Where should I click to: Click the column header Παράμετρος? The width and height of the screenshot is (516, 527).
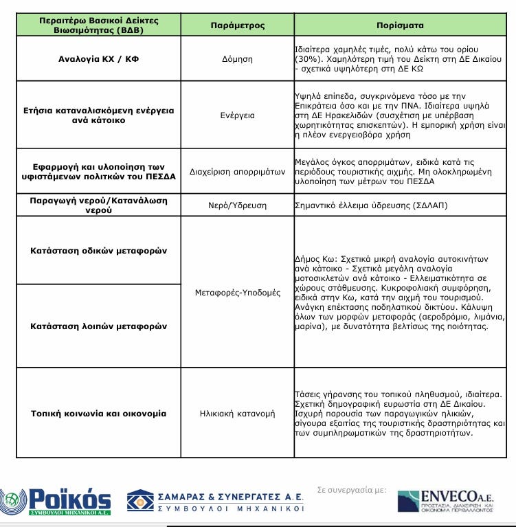tap(237, 25)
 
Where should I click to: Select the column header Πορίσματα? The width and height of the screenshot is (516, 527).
tap(400, 25)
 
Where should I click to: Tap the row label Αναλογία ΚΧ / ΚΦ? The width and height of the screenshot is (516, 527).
tap(98, 59)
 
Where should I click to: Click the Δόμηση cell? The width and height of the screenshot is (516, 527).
tap(237, 59)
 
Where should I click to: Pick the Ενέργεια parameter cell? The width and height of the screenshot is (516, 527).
tap(237, 115)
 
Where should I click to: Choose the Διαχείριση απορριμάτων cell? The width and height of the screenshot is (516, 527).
tap(237, 172)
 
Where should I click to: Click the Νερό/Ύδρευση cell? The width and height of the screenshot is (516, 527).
tap(237, 205)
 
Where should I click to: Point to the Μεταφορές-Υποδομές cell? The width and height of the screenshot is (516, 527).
tap(237, 293)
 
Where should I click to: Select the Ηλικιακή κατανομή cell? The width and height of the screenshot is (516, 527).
tap(237, 414)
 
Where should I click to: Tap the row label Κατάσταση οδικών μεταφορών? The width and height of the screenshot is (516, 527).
tap(98, 251)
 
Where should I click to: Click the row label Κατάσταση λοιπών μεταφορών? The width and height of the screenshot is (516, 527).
tap(98, 326)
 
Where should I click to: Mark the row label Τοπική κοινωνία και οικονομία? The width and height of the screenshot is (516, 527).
tap(98, 414)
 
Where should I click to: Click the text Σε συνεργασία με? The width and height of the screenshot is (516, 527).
tap(351, 490)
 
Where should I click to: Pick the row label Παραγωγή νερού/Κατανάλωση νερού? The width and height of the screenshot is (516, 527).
tap(98, 205)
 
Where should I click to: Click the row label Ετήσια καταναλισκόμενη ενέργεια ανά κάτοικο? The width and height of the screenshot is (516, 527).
tap(98, 115)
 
